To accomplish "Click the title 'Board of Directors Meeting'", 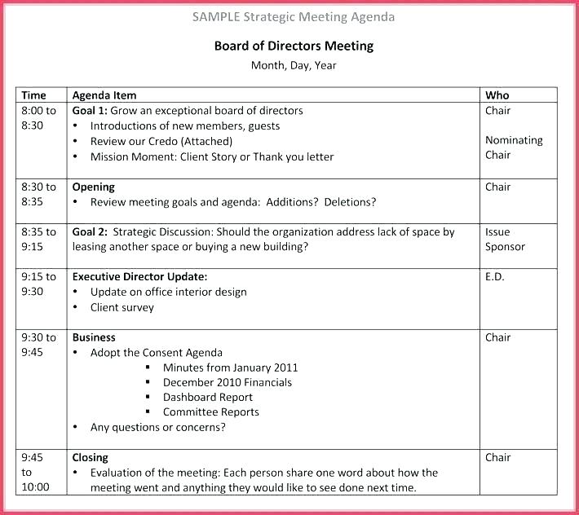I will pyautogui.click(x=294, y=46).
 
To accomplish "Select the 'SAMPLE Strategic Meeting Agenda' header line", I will pyautogui.click(x=294, y=16).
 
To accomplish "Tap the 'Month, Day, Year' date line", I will pyautogui.click(x=294, y=66).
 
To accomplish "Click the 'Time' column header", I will pyautogui.click(x=34, y=95).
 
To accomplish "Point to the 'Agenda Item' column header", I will pyautogui.click(x=104, y=95).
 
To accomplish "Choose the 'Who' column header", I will pyautogui.click(x=497, y=95).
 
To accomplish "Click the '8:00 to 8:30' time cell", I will pyautogui.click(x=38, y=118).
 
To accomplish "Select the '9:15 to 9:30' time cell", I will pyautogui.click(x=38, y=284).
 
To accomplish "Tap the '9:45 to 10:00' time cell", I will pyautogui.click(x=35, y=473).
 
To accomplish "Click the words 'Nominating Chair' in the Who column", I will pyautogui.click(x=513, y=147).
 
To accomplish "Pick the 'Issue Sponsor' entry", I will pyautogui.click(x=505, y=240).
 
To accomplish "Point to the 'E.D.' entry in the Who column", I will pyautogui.click(x=495, y=276).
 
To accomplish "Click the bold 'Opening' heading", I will pyautogui.click(x=94, y=187).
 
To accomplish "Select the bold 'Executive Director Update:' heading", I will pyautogui.click(x=139, y=276).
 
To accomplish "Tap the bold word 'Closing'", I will pyautogui.click(x=91, y=457).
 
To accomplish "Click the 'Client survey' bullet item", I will pyautogui.click(x=122, y=307).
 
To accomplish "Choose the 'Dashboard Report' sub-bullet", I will pyautogui.click(x=208, y=397).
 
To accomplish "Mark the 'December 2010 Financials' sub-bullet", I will pyautogui.click(x=227, y=382).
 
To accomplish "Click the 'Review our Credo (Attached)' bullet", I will pyautogui.click(x=161, y=141).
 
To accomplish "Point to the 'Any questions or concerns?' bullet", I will pyautogui.click(x=158, y=427).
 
